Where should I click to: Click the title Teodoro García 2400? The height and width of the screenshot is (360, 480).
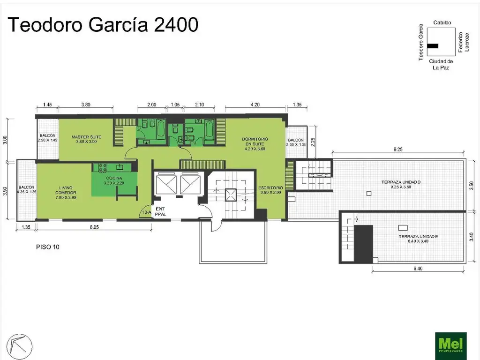click(x=103, y=25)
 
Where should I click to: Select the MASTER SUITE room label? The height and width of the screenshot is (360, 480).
click(x=86, y=139)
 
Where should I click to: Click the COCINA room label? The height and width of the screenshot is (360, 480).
click(x=114, y=181)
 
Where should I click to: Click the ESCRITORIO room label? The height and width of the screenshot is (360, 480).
click(x=270, y=190)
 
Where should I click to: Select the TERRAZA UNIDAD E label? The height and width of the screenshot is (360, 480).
click(x=418, y=239)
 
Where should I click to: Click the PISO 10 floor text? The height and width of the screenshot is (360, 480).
click(x=47, y=247)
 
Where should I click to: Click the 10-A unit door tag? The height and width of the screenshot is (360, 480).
click(x=146, y=213)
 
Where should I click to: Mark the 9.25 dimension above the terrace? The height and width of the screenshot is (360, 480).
click(x=398, y=149)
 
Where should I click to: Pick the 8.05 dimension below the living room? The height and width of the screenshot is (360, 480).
click(x=94, y=228)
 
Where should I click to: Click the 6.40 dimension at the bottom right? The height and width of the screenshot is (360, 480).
click(x=418, y=269)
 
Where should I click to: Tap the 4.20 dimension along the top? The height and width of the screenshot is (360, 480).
click(x=255, y=105)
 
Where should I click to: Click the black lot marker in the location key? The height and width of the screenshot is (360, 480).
click(x=433, y=46)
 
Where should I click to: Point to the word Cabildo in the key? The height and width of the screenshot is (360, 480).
click(x=442, y=22)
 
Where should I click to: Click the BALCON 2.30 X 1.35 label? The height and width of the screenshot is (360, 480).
click(x=296, y=142)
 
